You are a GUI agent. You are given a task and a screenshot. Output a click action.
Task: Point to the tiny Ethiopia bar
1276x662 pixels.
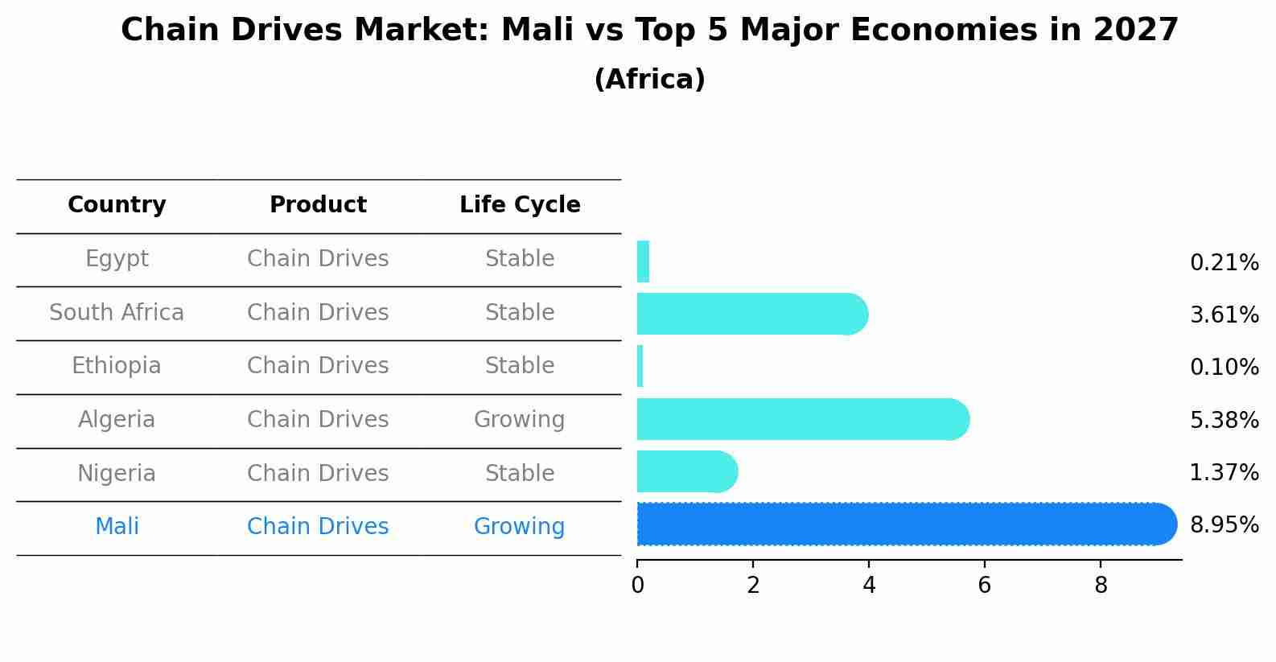click(640, 366)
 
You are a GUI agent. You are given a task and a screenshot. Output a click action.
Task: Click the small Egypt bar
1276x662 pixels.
click(643, 261)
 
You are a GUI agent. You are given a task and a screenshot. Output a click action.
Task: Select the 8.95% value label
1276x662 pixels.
click(1224, 525)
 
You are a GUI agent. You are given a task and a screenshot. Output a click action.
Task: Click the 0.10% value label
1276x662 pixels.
click(1224, 368)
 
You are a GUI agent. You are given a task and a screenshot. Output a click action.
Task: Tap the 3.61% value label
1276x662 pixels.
click(1224, 315)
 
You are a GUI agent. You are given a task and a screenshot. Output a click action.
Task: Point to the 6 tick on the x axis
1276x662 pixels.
click(984, 586)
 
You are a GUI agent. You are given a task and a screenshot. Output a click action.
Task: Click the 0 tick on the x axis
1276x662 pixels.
click(637, 586)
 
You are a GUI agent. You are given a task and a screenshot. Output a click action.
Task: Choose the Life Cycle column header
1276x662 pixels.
click(520, 205)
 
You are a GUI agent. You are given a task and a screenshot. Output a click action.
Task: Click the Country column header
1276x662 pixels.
click(117, 205)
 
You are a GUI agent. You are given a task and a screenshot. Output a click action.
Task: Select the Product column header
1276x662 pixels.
click(318, 205)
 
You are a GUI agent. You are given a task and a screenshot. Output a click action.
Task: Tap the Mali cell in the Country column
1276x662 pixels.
click(117, 527)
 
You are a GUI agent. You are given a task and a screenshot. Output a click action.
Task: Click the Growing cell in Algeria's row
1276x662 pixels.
click(519, 420)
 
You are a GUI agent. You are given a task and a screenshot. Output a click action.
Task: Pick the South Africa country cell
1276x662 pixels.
click(117, 313)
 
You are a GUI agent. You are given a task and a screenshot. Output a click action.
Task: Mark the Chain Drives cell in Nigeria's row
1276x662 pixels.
click(318, 474)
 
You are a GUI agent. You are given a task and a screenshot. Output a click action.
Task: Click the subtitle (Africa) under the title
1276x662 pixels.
click(649, 80)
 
